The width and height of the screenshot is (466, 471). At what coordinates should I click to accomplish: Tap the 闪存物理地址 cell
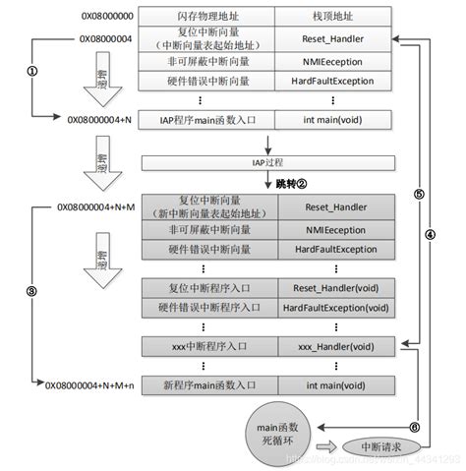pos(207,17)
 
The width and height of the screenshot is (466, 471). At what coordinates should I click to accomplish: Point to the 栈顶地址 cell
pos(332,17)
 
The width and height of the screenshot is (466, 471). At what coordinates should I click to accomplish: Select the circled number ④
pos(430,263)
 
